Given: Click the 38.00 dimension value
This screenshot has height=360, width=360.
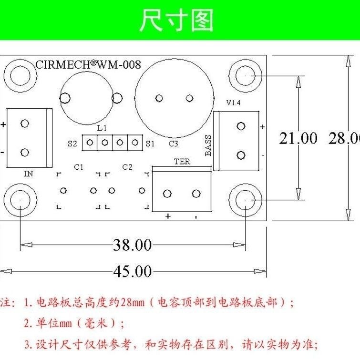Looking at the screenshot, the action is (x=133, y=245).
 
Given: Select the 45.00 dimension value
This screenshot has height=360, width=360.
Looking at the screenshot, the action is (x=133, y=271).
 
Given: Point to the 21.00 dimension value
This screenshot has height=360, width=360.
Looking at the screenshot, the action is (x=298, y=138).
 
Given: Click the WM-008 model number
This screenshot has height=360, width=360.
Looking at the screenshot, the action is (x=119, y=65).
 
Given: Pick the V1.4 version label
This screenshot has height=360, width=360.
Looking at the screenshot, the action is (x=233, y=103).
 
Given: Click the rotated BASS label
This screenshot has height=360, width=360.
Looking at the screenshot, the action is (x=208, y=145).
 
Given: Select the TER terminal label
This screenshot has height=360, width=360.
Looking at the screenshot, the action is (x=182, y=162).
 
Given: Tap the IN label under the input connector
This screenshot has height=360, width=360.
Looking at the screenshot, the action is (x=29, y=174).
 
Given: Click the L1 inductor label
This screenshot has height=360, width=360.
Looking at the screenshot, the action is (x=102, y=128).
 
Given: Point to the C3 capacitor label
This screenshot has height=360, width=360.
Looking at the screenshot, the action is (x=174, y=144).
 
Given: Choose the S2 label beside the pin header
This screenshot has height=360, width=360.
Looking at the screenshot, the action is (x=72, y=144).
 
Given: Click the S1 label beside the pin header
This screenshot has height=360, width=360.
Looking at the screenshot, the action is (x=150, y=144).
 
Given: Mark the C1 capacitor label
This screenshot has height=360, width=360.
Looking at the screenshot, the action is (x=79, y=167).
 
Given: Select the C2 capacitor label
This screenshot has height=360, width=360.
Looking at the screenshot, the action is (x=127, y=167).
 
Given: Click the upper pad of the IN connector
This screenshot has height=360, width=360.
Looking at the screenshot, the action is (x=25, y=123).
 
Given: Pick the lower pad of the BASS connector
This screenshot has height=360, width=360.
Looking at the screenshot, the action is (x=241, y=155).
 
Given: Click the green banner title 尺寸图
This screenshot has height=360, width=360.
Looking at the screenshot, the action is (x=176, y=20).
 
